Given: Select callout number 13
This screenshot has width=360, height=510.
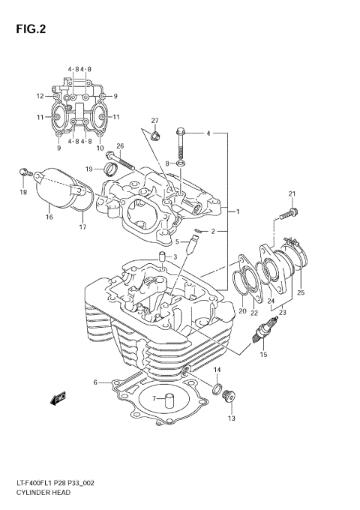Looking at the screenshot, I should pyautogui.click(x=231, y=418).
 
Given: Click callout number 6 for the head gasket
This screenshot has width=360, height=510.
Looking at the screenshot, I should pyautogui.click(x=95, y=382).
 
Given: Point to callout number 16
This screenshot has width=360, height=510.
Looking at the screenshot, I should pyautogui.click(x=49, y=217).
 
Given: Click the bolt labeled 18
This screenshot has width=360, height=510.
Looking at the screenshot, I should pyautogui.click(x=24, y=172).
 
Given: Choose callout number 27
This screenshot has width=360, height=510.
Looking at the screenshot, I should pyautogui.click(x=154, y=121).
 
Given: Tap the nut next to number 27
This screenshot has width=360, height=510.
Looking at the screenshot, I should pyautogui.click(x=154, y=136).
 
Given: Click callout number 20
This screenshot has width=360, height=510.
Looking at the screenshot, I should pyautogui.click(x=242, y=311).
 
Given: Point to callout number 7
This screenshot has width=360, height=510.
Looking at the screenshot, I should pyautogui.click(x=154, y=397).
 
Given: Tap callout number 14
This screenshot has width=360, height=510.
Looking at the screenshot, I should pyautogui.click(x=217, y=370).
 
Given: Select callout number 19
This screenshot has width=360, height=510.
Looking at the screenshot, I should pyautogui.click(x=89, y=169).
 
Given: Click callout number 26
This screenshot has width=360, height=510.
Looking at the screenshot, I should pyautogui.click(x=120, y=146).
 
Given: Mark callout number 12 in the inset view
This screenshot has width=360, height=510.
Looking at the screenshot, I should pyautogui.click(x=40, y=96).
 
